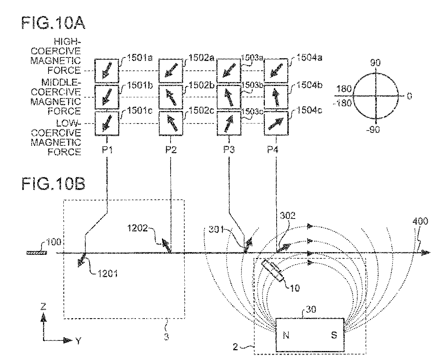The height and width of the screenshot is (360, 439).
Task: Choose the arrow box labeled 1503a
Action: (228, 70)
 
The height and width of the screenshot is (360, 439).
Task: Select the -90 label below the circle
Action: (376, 130)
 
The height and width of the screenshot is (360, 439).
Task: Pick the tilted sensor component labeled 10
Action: (273, 270)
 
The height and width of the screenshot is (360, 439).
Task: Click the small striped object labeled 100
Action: (36, 253)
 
